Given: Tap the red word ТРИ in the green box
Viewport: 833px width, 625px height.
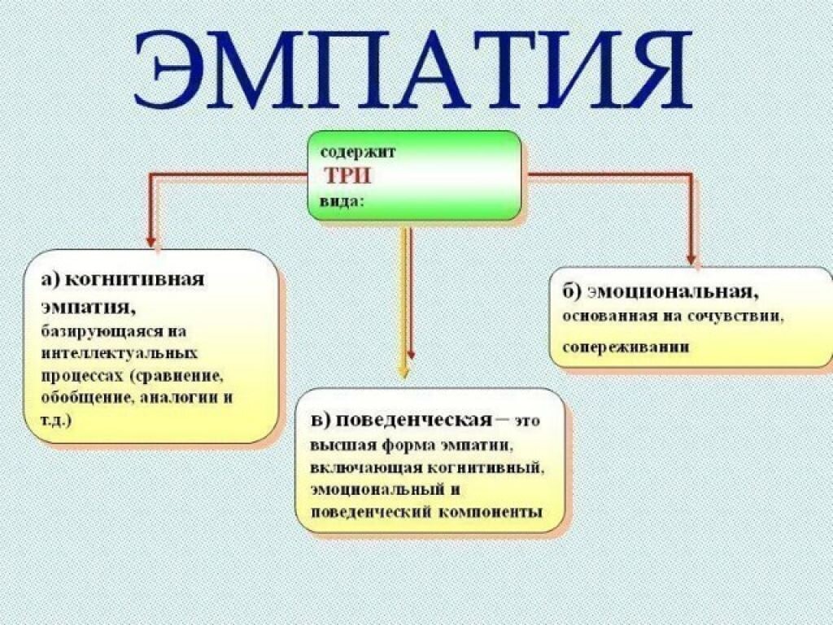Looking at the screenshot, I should pyautogui.click(x=348, y=176).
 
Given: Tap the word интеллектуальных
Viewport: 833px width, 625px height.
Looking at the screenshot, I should pyautogui.click(x=119, y=355).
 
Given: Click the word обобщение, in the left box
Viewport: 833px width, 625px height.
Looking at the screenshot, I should pyautogui.click(x=85, y=399).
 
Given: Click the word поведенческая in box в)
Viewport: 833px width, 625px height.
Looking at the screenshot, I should pyautogui.click(x=413, y=420).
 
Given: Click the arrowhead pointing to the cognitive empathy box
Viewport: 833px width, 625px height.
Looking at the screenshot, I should pyautogui.click(x=150, y=241).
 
